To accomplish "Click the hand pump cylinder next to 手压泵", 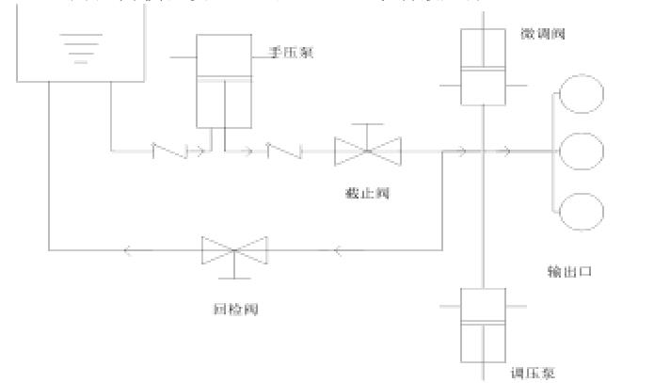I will [x=224, y=82].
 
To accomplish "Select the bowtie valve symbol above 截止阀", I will [x=368, y=148].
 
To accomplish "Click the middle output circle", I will [x=581, y=150].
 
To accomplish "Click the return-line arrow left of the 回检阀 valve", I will [x=128, y=250].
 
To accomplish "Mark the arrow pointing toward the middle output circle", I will [x=506, y=150].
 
